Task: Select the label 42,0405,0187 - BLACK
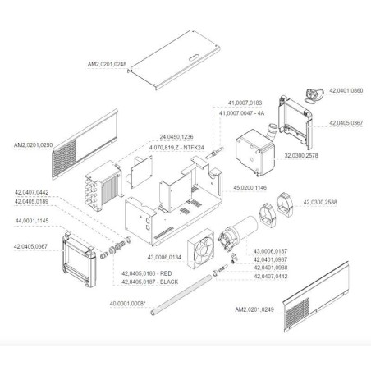(149, 281)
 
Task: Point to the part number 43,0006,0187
(270, 250)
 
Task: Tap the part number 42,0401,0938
(270, 268)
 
